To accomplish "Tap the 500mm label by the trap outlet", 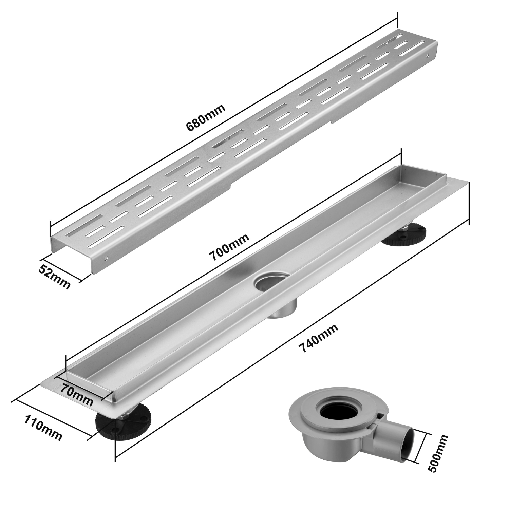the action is (438, 453).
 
